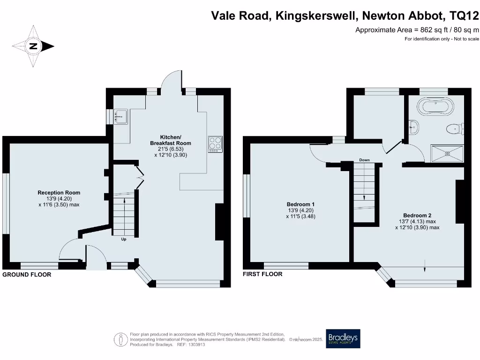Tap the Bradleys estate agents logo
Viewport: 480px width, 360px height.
(343, 338)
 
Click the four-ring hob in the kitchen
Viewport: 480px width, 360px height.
(215, 143)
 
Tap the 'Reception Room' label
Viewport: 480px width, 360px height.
(59, 193)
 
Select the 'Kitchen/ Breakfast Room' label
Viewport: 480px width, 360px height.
(171, 140)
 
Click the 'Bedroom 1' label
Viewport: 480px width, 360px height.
(300, 204)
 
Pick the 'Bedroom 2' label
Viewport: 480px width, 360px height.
(417, 216)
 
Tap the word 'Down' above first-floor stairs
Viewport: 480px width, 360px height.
(365, 160)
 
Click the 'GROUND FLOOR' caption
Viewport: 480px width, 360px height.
(27, 275)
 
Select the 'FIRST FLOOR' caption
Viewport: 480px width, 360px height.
(262, 274)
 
